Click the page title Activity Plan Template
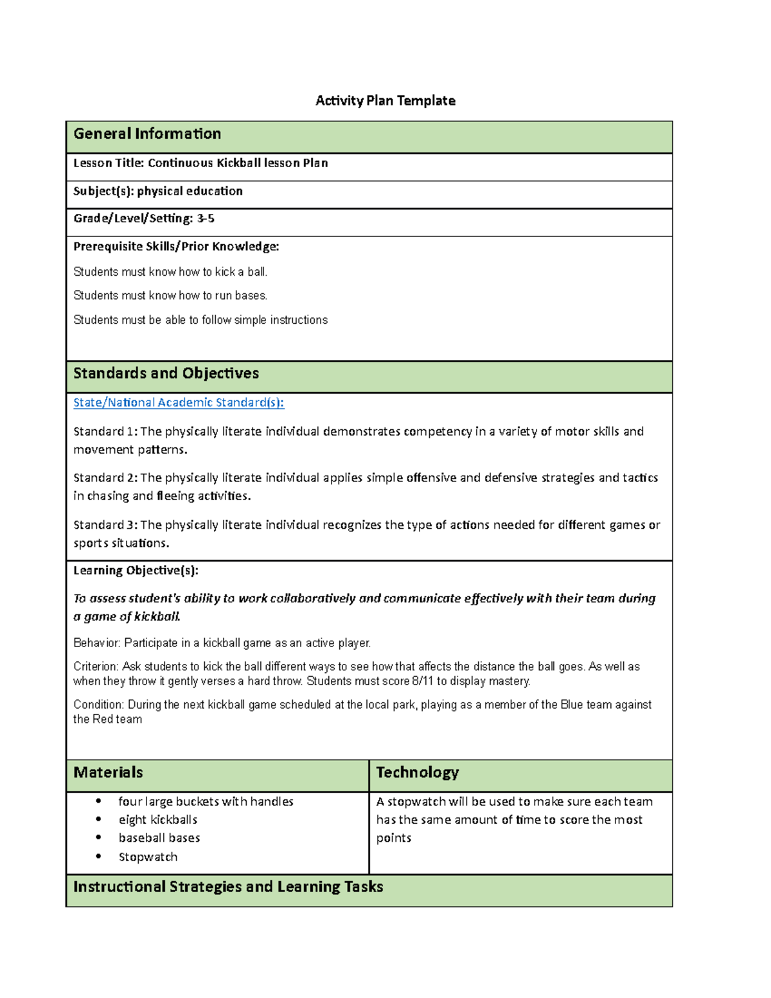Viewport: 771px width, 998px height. click(385, 100)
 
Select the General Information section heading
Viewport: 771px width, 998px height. click(147, 134)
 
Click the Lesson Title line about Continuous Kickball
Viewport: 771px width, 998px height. click(200, 163)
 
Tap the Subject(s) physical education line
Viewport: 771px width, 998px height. click(158, 191)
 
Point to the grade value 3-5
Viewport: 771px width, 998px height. click(206, 218)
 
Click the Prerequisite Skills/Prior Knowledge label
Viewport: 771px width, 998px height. click(176, 246)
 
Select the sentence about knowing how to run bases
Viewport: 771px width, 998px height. click(170, 296)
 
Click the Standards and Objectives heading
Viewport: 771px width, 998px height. click(166, 373)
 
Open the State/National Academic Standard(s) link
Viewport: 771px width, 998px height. click(179, 402)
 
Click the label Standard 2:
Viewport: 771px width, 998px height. click(105, 477)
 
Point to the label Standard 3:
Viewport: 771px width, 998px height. click(105, 525)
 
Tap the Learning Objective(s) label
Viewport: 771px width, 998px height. click(136, 571)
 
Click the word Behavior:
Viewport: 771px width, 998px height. click(97, 643)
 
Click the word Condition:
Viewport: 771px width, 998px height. click(99, 704)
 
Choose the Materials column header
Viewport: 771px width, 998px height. click(108, 772)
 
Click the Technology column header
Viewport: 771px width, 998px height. click(417, 772)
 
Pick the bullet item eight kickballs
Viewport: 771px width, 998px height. click(158, 819)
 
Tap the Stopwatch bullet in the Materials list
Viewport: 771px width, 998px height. click(148, 857)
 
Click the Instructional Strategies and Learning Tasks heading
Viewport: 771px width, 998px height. click(228, 887)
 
